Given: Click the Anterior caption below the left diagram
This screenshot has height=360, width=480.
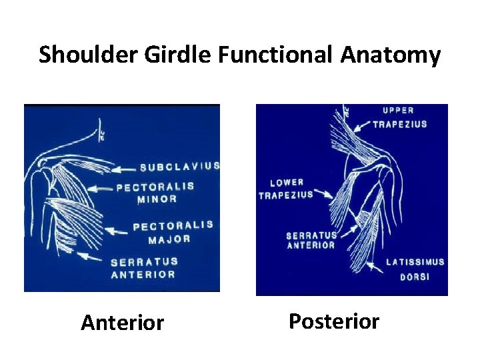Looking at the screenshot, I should [122, 323].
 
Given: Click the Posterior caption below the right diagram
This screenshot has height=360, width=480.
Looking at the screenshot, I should [333, 321].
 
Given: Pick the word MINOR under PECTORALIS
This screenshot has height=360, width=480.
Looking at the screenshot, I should [157, 199].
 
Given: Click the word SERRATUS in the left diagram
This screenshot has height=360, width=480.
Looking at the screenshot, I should [144, 262].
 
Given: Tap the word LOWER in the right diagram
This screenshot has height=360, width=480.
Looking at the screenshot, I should [287, 182].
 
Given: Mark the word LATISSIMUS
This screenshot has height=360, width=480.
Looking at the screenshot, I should [415, 262].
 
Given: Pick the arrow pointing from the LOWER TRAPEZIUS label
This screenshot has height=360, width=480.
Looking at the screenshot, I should [324, 194].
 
